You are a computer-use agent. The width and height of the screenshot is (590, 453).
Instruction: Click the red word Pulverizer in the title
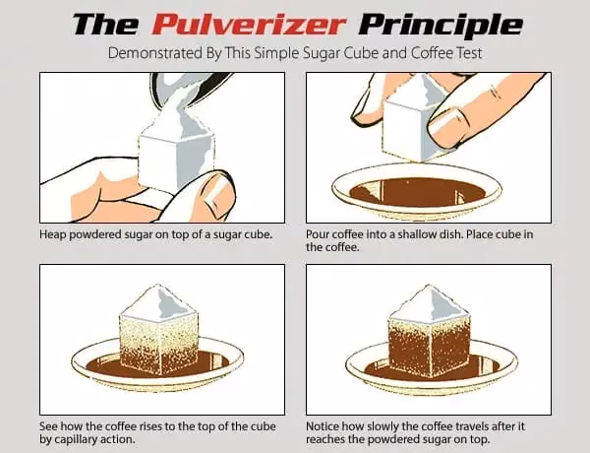(x=248, y=24)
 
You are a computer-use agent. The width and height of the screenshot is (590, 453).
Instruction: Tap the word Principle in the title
(x=441, y=26)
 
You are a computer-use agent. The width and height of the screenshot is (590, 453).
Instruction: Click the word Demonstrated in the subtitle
(x=154, y=53)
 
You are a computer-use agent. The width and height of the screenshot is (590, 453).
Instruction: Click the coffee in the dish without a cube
(x=417, y=193)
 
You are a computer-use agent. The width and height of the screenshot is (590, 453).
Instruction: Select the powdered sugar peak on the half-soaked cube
(x=158, y=301)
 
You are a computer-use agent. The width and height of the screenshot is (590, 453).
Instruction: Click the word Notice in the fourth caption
(x=321, y=426)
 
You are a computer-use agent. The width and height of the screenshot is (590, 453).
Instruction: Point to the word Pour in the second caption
(x=314, y=234)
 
